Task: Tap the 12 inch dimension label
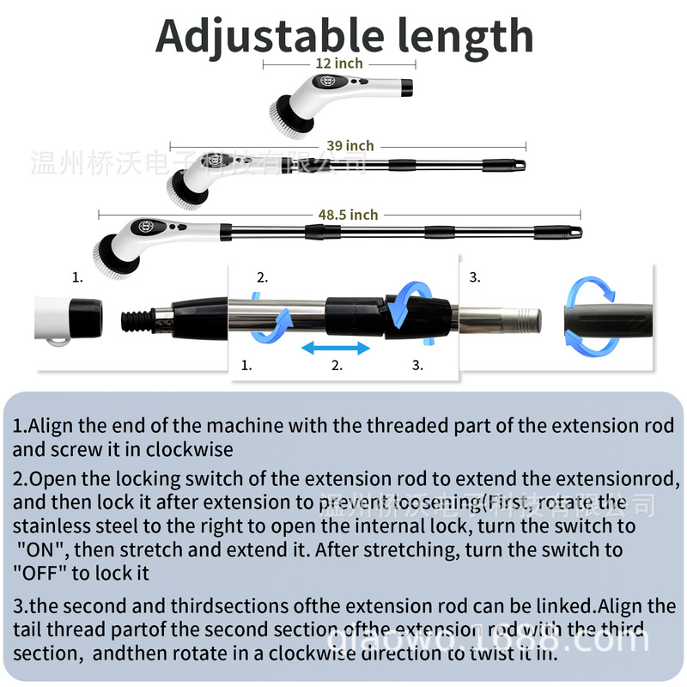coord(339,64)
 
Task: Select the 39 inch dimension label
coord(350,146)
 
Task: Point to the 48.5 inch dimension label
coord(352,215)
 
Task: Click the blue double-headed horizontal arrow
coord(336,348)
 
